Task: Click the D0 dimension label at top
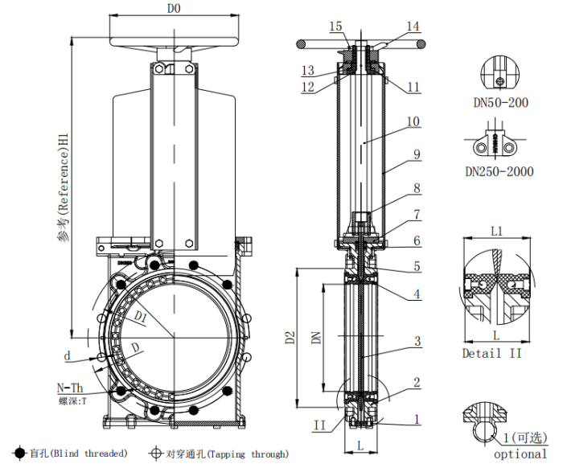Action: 173,9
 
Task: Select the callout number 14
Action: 413,27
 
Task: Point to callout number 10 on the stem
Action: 413,122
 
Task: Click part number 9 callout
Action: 417,153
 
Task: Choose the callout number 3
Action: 417,342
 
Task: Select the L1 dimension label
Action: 496,231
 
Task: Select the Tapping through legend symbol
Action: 155,454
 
